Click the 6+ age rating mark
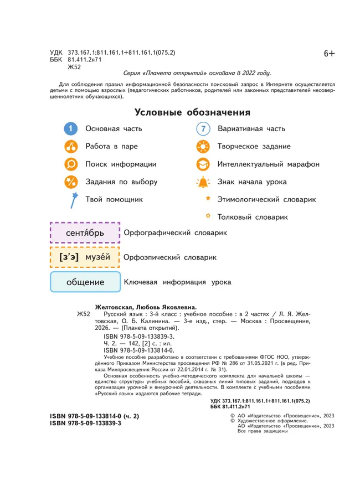pos(330,53)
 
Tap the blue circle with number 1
pos(71,129)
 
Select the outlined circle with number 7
pos(203,129)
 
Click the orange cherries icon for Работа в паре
pos(71,147)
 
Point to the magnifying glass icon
pos(71,164)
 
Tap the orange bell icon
pos(203,182)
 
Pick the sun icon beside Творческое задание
pos(203,147)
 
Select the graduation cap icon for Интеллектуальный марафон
pos(203,164)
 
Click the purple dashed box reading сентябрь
pos(85,233)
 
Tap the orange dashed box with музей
pos(85,257)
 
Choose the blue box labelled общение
pos(85,282)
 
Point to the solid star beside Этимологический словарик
pos(208,198)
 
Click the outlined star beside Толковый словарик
pos(208,216)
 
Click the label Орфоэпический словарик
pos(169,257)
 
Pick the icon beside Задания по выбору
pos(71,182)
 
